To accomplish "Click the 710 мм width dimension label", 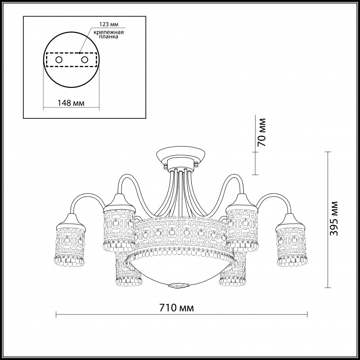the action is pos(176,308).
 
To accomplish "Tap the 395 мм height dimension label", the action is pos(333,219).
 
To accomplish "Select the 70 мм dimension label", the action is pos(261,132).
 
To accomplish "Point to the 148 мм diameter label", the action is pos(71,103).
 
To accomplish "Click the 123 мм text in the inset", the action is pos(109,24).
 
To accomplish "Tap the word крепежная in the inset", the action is pos(109,32).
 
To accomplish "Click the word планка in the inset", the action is pos(109,37).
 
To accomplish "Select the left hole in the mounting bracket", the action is pos(59,60).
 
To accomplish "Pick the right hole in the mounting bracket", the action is pos(85,60).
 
